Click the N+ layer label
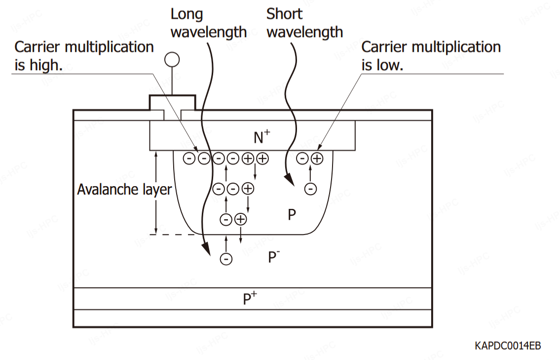click(x=261, y=136)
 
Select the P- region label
click(x=274, y=257)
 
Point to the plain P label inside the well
click(x=292, y=214)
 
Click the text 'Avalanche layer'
click(x=124, y=190)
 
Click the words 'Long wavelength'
click(x=208, y=23)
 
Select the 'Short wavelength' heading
click(x=304, y=23)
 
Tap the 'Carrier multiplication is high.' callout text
click(x=84, y=56)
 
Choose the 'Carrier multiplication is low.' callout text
click(x=431, y=56)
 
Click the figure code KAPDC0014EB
click(x=507, y=346)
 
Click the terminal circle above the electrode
click(x=172, y=60)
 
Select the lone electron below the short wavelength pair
click(x=310, y=189)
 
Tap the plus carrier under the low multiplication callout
click(x=317, y=158)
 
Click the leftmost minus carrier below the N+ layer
click(x=189, y=158)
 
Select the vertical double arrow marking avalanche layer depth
click(x=156, y=193)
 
